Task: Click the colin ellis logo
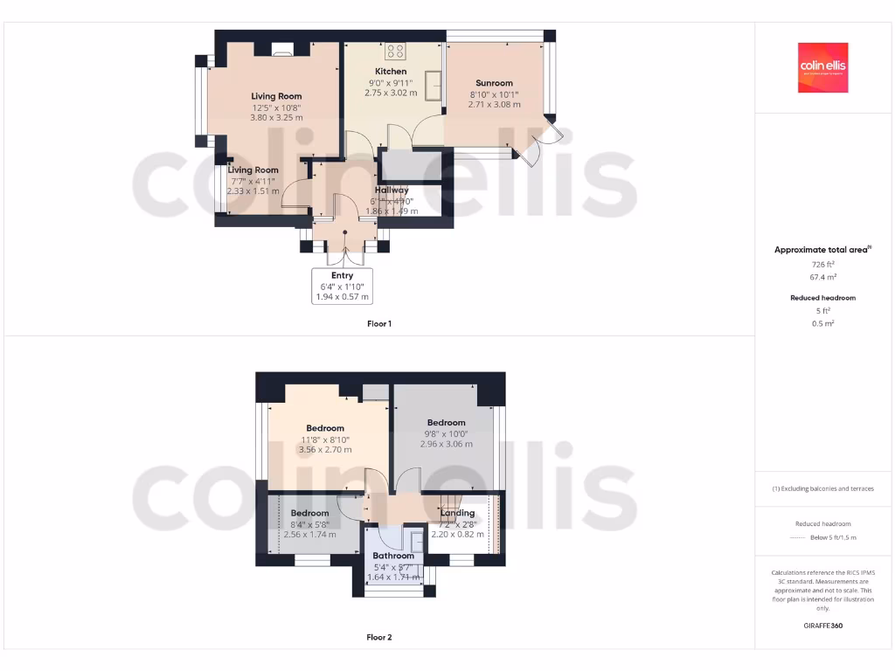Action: (822, 67)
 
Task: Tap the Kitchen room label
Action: (391, 72)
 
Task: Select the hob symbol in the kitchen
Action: (395, 51)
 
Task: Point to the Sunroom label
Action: (495, 83)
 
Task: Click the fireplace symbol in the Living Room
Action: (283, 50)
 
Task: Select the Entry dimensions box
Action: (342, 286)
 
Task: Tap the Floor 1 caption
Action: (378, 324)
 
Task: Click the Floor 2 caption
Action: (378, 638)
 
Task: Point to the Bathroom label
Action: (393, 556)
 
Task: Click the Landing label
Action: (458, 514)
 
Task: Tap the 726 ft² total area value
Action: (822, 263)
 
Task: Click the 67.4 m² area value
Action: (822, 276)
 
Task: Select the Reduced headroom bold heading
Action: (822, 298)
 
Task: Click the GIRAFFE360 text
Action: (822, 626)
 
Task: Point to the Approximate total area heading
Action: (822, 250)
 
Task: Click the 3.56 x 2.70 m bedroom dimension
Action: (325, 450)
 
